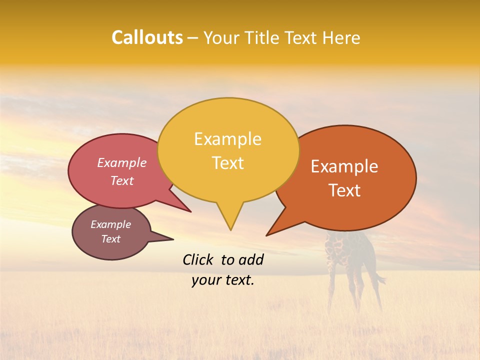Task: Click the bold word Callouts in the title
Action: pyautogui.click(x=147, y=38)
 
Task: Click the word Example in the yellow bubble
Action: pyautogui.click(x=227, y=139)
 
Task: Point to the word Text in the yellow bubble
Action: pyautogui.click(x=228, y=163)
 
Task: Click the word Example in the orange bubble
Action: pyautogui.click(x=344, y=166)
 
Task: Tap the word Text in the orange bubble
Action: pyautogui.click(x=345, y=190)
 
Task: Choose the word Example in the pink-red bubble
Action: pyautogui.click(x=122, y=163)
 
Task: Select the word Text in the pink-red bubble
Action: pyautogui.click(x=122, y=181)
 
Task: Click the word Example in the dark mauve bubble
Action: pyautogui.click(x=111, y=224)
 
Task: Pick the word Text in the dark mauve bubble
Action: pyautogui.click(x=111, y=239)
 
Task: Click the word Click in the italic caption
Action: pyautogui.click(x=198, y=259)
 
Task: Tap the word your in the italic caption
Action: pyautogui.click(x=206, y=280)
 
